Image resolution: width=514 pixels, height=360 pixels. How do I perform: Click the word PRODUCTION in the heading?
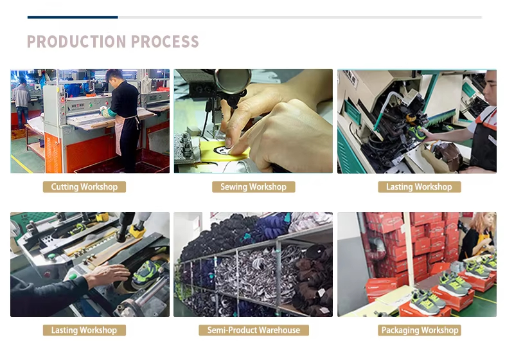(x=76, y=42)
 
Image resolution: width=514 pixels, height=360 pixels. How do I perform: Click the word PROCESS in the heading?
(x=165, y=42)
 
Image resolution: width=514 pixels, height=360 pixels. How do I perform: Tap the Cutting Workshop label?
(x=84, y=187)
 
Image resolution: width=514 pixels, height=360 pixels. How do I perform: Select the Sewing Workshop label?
(x=253, y=187)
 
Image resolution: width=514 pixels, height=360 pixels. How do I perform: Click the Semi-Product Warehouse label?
(x=254, y=330)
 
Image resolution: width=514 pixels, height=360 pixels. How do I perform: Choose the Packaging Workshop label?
(x=420, y=330)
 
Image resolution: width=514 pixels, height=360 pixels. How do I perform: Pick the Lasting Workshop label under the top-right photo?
(x=420, y=187)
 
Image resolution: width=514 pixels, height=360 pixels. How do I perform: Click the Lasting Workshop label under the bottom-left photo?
(x=84, y=330)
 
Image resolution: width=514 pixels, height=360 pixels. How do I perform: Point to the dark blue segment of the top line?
(x=73, y=17)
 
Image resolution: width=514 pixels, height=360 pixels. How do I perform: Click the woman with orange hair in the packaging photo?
(x=477, y=235)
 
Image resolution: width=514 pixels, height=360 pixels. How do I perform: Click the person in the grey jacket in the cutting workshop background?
(x=22, y=102)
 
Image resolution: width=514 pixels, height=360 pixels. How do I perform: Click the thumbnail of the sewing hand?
(x=229, y=141)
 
